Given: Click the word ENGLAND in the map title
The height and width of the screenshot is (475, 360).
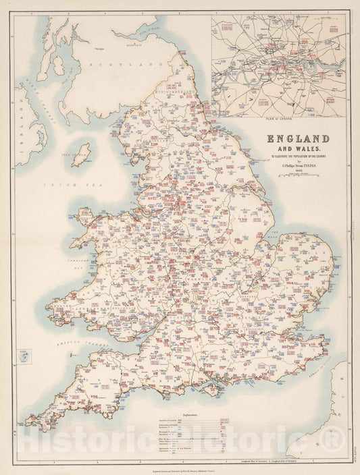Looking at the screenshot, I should (x=298, y=139).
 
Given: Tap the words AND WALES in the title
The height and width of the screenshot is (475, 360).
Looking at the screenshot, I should (x=298, y=149).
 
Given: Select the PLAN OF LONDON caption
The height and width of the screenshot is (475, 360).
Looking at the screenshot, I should (x=279, y=117).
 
